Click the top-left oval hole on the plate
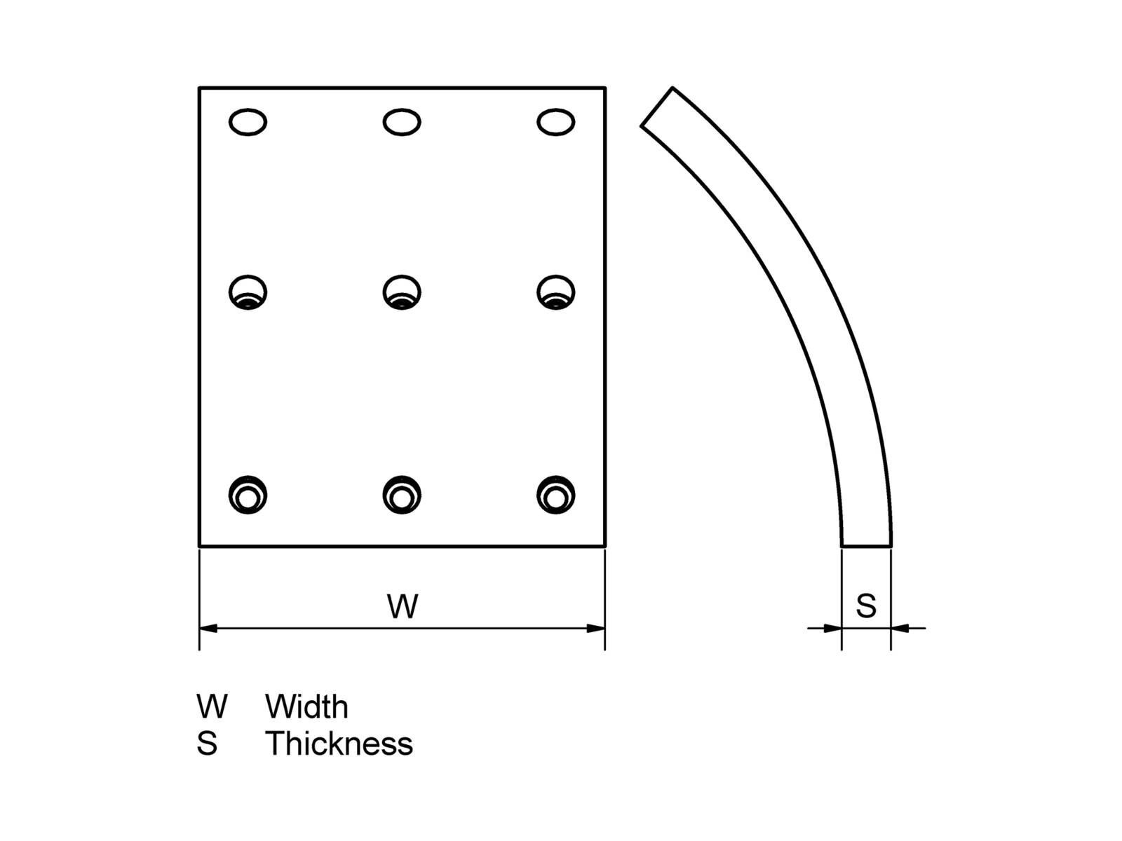[248, 122]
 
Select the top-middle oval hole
[402, 122]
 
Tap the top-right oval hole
[556, 122]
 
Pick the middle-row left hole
[248, 292]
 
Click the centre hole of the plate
[402, 292]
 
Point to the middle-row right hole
[556, 292]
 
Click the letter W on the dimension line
[403, 606]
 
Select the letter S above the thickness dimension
[866, 606]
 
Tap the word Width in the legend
[306, 706]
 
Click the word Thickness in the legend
[339, 744]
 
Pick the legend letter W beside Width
[212, 706]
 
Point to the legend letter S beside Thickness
[207, 744]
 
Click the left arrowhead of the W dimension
[208, 628]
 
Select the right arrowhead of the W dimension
[596, 628]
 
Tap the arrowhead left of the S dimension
[832, 628]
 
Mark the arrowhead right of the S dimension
[900, 628]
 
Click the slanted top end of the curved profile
[657, 107]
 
